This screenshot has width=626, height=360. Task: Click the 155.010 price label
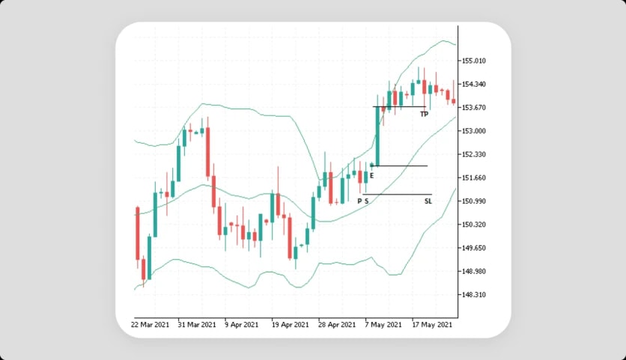(x=474, y=61)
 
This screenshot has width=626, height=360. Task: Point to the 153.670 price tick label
(x=474, y=107)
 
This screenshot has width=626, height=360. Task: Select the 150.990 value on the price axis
(x=474, y=201)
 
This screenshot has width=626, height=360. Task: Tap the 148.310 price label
(x=474, y=295)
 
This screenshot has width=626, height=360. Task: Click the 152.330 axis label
(x=474, y=154)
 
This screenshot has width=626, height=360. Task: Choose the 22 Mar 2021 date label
(x=150, y=325)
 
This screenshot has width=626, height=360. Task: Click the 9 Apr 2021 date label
(x=241, y=325)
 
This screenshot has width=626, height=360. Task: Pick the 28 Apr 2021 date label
(x=336, y=325)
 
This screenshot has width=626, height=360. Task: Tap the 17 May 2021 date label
(x=432, y=325)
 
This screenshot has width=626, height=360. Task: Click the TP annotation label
(x=424, y=115)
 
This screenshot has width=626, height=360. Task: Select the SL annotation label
(x=428, y=201)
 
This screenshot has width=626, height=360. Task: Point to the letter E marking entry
(x=371, y=176)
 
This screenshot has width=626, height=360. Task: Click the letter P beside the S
(x=359, y=201)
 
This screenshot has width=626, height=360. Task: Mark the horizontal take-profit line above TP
(x=399, y=106)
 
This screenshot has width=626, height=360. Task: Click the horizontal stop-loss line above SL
(x=397, y=195)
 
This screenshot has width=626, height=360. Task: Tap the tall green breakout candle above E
(x=377, y=135)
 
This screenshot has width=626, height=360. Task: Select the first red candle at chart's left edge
(x=138, y=234)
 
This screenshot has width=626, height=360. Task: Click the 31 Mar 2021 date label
(x=197, y=325)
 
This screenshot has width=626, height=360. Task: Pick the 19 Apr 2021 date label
(x=290, y=325)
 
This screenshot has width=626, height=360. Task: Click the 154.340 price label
(x=474, y=85)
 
